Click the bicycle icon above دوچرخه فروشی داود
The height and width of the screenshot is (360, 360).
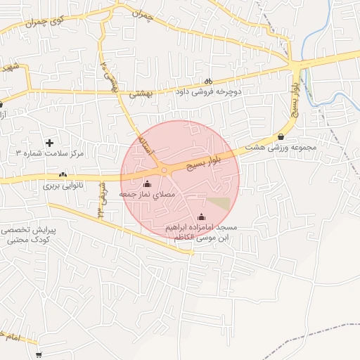pos(208,80)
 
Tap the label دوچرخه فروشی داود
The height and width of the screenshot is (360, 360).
pos(208,91)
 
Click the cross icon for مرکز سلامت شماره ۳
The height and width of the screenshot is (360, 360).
pos(49,143)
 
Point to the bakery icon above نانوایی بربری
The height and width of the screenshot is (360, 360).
pos(63,174)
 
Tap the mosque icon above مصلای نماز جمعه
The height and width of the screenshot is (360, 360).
pos(147,184)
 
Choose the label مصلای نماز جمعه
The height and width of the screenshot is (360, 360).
pos(147,193)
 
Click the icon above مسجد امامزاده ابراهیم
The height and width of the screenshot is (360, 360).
pos(202,217)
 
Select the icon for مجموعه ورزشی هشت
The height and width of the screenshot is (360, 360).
pos(282,136)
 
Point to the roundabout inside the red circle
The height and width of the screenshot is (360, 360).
pos(164,170)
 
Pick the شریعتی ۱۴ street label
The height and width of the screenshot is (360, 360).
pos(101,200)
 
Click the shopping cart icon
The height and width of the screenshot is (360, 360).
pos(38,355)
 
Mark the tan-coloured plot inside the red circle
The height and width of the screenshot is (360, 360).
pos(221,203)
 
